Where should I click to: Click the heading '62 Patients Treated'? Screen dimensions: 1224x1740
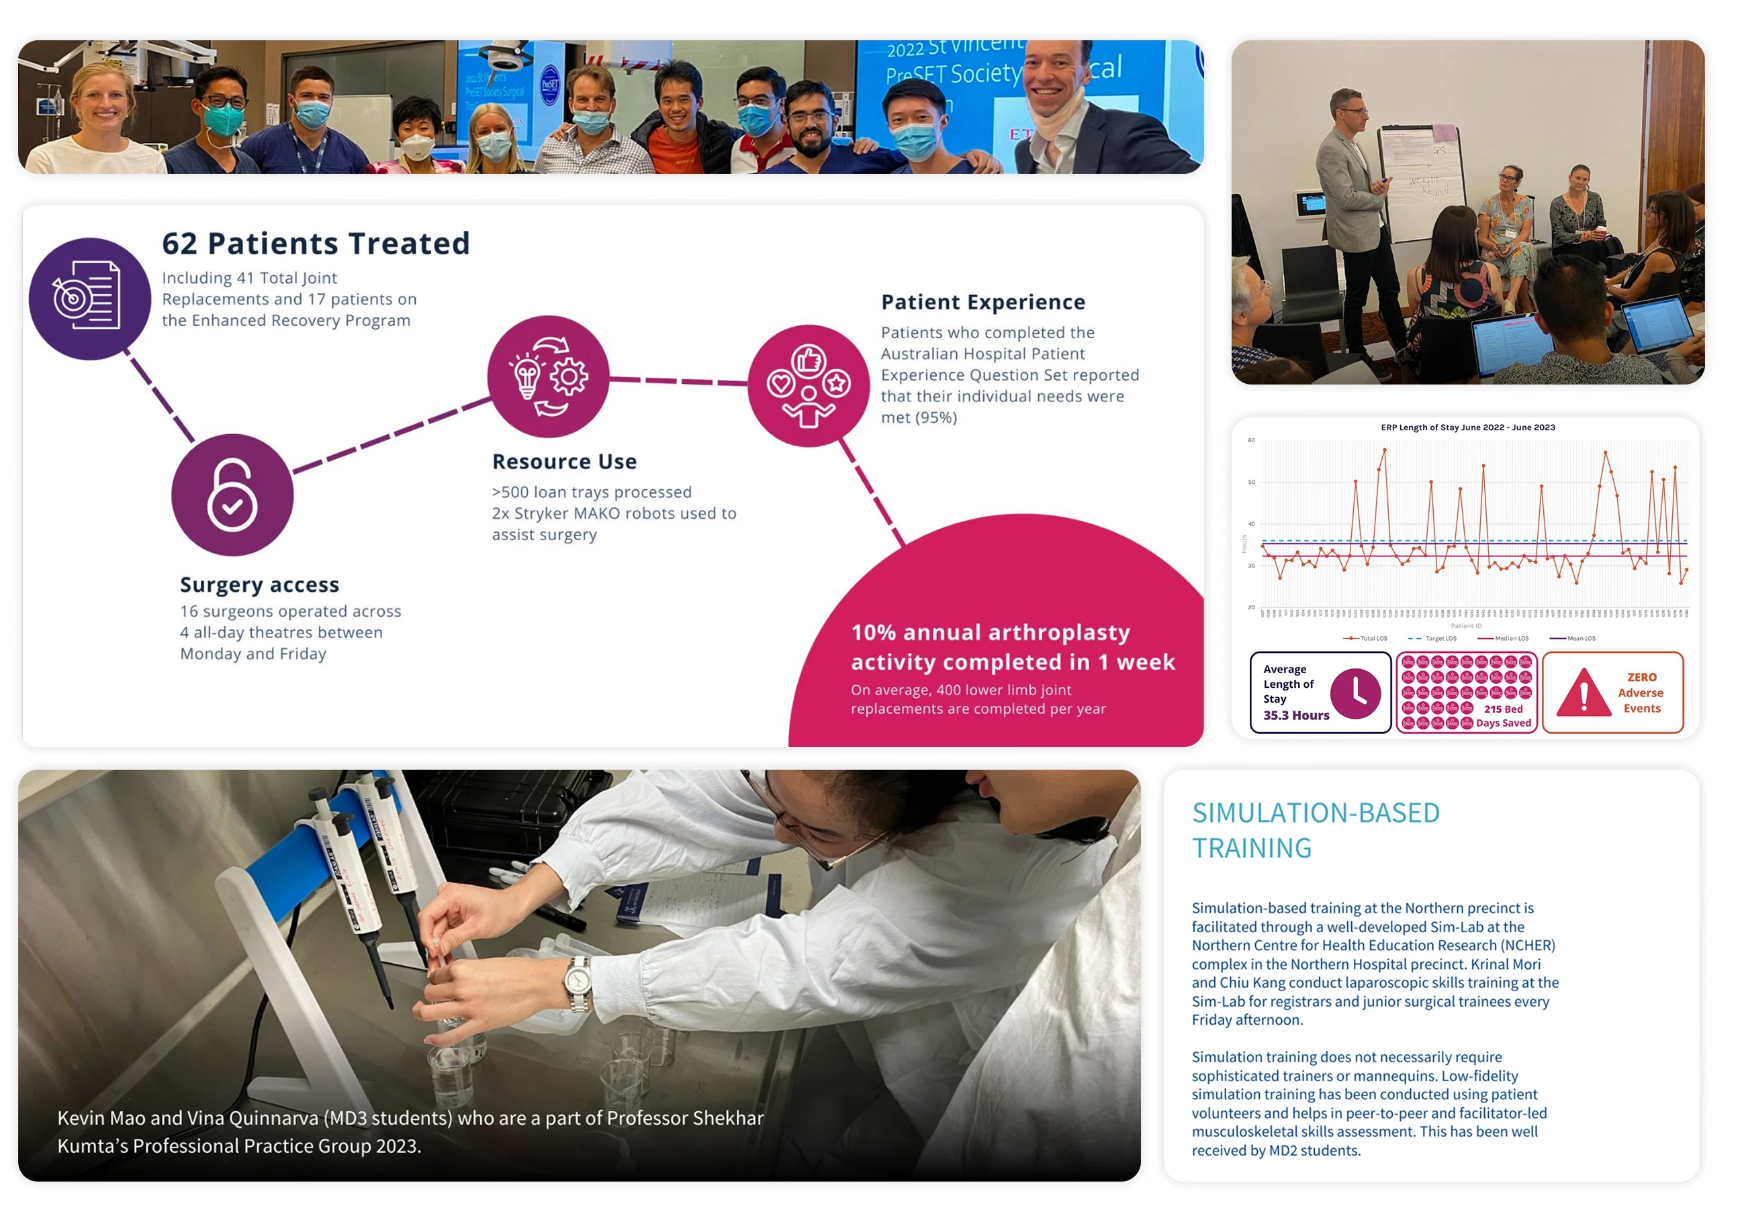pyautogui.click(x=316, y=244)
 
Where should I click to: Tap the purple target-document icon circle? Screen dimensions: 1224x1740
pyautogui.click(x=89, y=299)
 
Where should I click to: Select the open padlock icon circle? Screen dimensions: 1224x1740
pyautogui.click(x=232, y=495)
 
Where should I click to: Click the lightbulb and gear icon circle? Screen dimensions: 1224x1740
pyautogui.click(x=548, y=376)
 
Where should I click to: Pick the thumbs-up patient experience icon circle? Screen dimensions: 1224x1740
pyautogui.click(x=809, y=386)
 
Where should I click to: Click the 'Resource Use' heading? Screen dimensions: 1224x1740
pyautogui.click(x=565, y=461)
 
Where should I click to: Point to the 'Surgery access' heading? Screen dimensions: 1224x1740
pyautogui.click(x=259, y=584)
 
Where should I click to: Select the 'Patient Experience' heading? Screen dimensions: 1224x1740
pyautogui.click(x=983, y=302)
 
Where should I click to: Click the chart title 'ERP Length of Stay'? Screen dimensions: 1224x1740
pyautogui.click(x=1467, y=427)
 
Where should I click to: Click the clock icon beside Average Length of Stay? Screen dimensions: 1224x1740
pyautogui.click(x=1355, y=693)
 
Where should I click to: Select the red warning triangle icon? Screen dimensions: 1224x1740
pyautogui.click(x=1583, y=693)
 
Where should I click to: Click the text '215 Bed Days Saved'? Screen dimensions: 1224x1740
pyautogui.click(x=1503, y=716)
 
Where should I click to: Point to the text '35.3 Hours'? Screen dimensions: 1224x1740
pyautogui.click(x=1296, y=715)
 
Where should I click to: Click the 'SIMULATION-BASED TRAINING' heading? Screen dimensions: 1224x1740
pyautogui.click(x=1316, y=830)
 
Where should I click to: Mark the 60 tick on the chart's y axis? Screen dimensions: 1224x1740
pyautogui.click(x=1251, y=440)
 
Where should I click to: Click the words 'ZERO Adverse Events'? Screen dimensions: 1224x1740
pyautogui.click(x=1641, y=693)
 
